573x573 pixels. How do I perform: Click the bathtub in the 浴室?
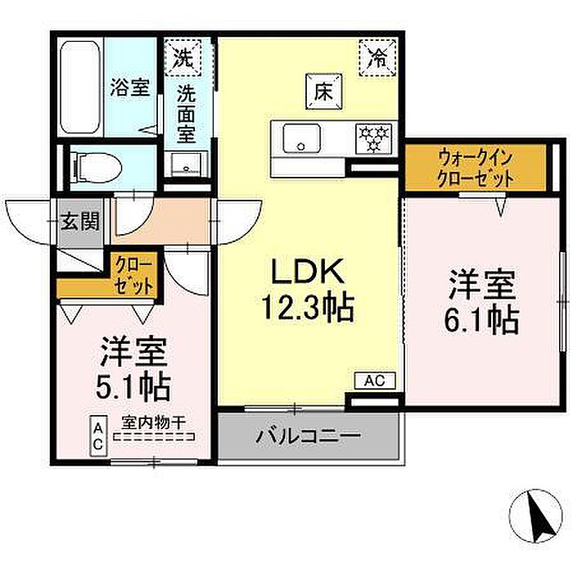pyautogui.click(x=80, y=87)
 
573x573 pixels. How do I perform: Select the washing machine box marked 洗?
pyautogui.click(x=183, y=57)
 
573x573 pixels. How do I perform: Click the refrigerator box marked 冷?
pyautogui.click(x=377, y=57)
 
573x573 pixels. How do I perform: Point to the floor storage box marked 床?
pyautogui.click(x=324, y=92)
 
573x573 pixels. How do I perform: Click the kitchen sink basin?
pyautogui.click(x=301, y=138)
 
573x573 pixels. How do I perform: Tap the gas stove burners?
pyautogui.click(x=373, y=138)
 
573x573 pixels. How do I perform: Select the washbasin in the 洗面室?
pyautogui.click(x=187, y=164)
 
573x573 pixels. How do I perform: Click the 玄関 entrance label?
pyautogui.click(x=80, y=221)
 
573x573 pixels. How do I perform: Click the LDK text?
pyautogui.click(x=307, y=271)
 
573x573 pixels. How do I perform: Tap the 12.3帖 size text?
pyautogui.click(x=307, y=308)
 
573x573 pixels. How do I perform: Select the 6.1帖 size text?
pyautogui.click(x=481, y=320)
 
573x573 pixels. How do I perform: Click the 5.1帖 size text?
pyautogui.click(x=133, y=386)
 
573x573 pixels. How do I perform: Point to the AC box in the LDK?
pyautogui.click(x=375, y=381)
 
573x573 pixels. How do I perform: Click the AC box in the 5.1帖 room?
pyautogui.click(x=98, y=436)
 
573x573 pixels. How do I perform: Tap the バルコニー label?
pyautogui.click(x=308, y=435)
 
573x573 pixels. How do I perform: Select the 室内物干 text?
pyautogui.click(x=154, y=423)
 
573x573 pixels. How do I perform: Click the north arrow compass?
pyautogui.click(x=535, y=515)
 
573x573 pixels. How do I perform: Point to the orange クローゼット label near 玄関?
pyautogui.click(x=133, y=276)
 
